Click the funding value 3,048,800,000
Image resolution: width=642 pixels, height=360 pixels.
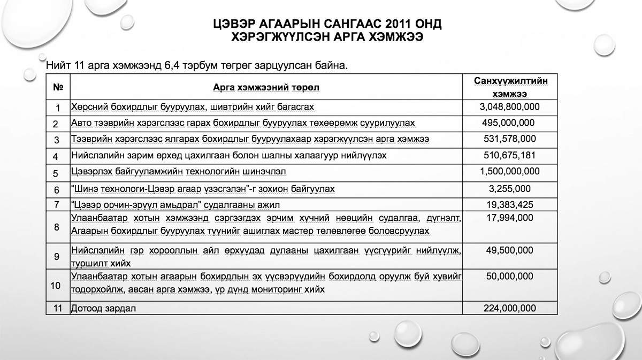click(510, 107)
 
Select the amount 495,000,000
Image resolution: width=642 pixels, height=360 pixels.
click(508, 123)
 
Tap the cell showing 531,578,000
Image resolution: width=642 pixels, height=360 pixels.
click(509, 139)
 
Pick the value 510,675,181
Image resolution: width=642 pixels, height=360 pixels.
click(509, 156)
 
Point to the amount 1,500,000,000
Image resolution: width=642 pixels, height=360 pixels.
click(510, 172)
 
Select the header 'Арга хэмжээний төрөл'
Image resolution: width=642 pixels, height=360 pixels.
click(265, 87)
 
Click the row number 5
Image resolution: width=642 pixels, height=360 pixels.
click(56, 173)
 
